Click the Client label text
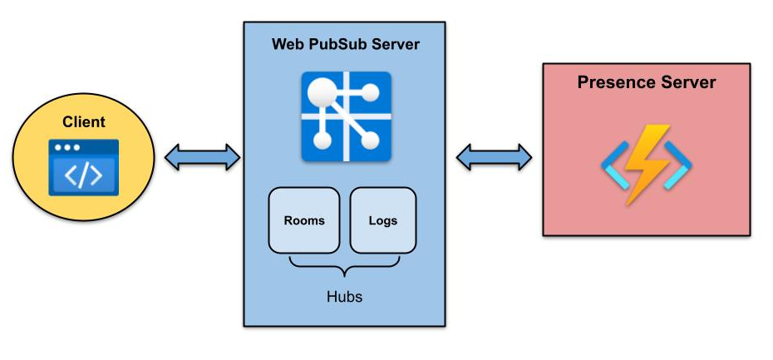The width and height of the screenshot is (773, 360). point(84,122)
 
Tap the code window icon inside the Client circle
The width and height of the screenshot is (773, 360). point(83,168)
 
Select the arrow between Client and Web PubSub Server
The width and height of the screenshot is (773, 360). point(202,156)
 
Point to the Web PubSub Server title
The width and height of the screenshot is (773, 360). point(346,44)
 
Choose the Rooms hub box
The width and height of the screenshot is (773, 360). point(304,220)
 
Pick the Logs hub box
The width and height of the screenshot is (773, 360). point(382,220)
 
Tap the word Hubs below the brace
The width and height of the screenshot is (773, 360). point(344,296)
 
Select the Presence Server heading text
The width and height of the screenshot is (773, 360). point(647,82)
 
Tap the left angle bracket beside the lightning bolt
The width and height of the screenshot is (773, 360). point(613,163)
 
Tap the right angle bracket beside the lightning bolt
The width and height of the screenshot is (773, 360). point(680,163)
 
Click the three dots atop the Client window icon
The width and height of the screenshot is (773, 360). point(66,147)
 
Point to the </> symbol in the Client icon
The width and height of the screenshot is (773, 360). point(83,175)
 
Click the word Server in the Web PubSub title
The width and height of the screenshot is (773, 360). point(396,44)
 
